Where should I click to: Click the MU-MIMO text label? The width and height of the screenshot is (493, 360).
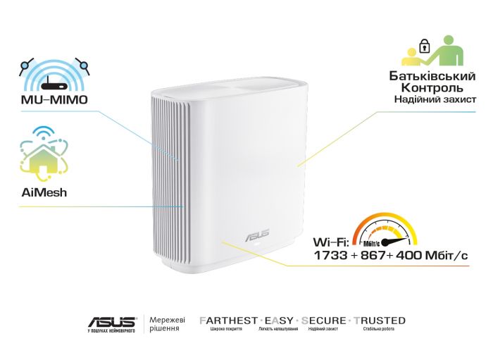55,100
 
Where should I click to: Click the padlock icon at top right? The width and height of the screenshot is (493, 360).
424,47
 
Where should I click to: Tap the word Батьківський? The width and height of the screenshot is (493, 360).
432,75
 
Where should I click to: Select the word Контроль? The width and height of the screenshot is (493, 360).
432,88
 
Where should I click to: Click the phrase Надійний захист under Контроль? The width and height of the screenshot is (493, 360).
435,101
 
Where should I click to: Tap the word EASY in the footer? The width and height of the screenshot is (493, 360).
277,321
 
